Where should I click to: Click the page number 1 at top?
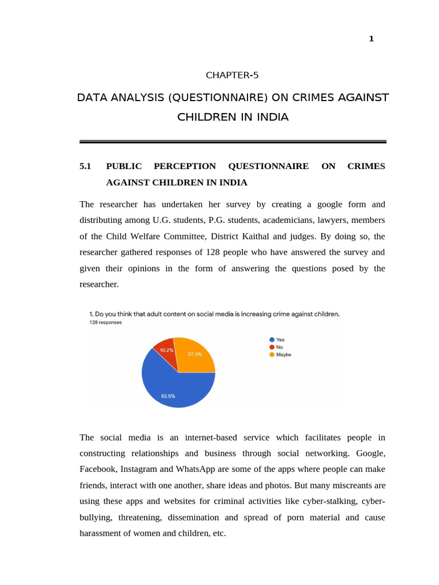click(x=371, y=39)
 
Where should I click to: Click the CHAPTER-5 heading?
click(x=232, y=75)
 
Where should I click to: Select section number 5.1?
click(x=85, y=166)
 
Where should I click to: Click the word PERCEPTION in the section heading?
click(x=185, y=166)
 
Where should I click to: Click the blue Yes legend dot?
click(x=272, y=339)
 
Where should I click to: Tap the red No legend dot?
click(x=272, y=347)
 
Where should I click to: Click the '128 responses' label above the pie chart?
click(x=105, y=322)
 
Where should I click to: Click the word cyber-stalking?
click(x=337, y=501)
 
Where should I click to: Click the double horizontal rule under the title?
click(x=233, y=141)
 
